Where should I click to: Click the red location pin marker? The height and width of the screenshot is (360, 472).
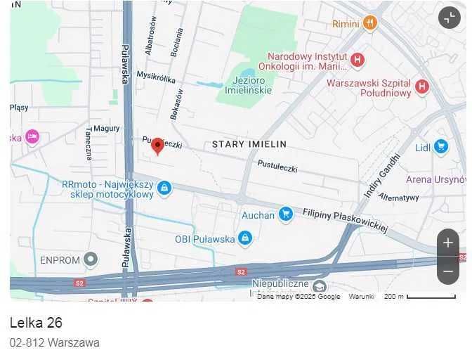pos(158,145)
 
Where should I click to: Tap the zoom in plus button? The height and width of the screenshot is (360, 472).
pos(448,243)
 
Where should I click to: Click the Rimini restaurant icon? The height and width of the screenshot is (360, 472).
pos(371,23)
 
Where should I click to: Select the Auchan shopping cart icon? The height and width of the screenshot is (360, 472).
pos(285,214)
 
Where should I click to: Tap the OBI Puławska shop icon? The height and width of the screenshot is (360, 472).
pos(244,239)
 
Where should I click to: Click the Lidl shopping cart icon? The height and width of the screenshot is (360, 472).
pos(441,146)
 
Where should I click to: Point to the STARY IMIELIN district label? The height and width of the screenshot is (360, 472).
pos(249,144)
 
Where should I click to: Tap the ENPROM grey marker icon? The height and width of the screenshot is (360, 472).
pos(91,260)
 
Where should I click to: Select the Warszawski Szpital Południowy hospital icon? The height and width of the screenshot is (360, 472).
pos(421,86)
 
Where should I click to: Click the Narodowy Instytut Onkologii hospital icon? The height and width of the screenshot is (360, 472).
pos(357,60)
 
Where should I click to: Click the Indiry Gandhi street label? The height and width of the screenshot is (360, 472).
pos(381,175)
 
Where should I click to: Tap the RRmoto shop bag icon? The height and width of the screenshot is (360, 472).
pos(164,188)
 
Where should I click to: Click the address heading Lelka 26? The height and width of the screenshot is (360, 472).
pos(36,323)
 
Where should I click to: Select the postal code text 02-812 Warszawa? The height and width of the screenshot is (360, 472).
pos(54,343)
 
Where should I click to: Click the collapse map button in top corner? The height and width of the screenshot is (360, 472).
pos(449,18)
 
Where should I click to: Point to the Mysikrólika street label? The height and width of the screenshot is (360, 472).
pos(156,77)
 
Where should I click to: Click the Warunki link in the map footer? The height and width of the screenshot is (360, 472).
pos(362,297)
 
